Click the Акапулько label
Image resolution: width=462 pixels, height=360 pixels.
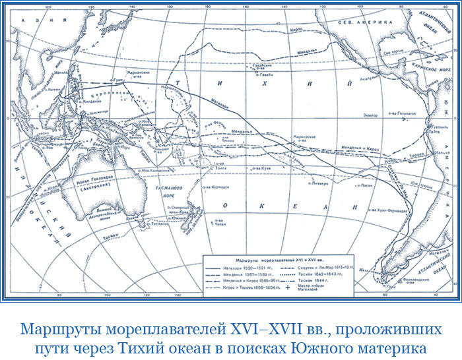tap(360, 84)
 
